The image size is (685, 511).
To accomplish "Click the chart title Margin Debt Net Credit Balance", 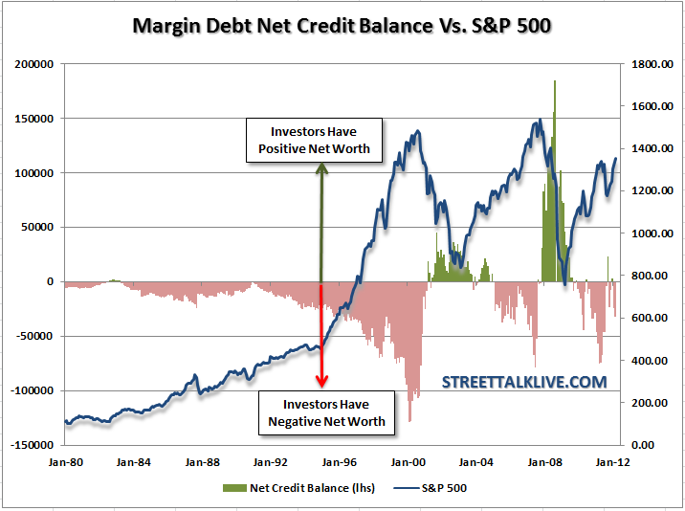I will click(x=342, y=25).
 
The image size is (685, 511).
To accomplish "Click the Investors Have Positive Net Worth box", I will click(x=314, y=139).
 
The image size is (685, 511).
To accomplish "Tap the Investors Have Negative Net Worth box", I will click(x=326, y=412).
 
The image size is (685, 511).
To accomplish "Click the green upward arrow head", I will click(x=321, y=168).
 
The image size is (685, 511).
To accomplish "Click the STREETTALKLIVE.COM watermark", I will click(x=524, y=382).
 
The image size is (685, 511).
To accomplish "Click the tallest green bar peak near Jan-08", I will click(x=555, y=82).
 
